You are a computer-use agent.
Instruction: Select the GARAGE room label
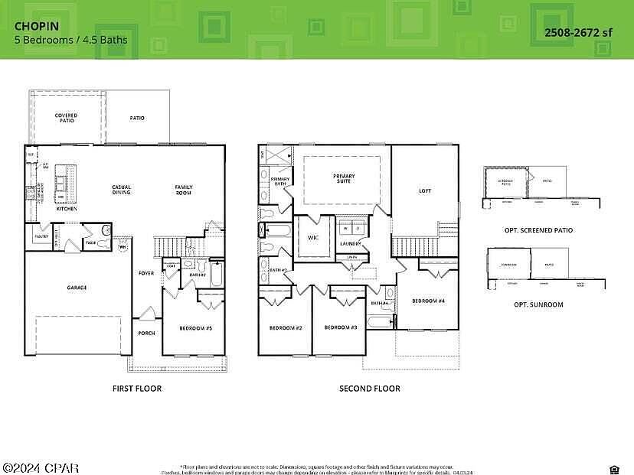click(76, 288)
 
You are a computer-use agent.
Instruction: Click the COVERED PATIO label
click(66, 118)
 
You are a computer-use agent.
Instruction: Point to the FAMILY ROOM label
click(184, 190)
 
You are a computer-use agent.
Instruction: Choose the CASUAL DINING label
click(121, 190)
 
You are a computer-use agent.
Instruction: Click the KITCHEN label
click(67, 208)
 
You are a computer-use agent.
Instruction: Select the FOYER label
click(146, 273)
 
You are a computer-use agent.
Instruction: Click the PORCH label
click(146, 333)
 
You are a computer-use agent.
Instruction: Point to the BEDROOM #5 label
click(195, 328)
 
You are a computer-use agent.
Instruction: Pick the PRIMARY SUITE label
click(344, 179)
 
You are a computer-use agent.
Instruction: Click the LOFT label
click(425, 191)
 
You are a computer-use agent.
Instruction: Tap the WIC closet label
click(312, 237)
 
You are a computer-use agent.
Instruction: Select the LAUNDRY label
click(351, 243)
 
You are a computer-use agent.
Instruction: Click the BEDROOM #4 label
click(428, 301)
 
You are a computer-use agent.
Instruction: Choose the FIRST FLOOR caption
click(137, 389)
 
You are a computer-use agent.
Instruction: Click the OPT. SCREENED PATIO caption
click(538, 230)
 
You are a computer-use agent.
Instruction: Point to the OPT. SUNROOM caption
click(538, 304)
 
